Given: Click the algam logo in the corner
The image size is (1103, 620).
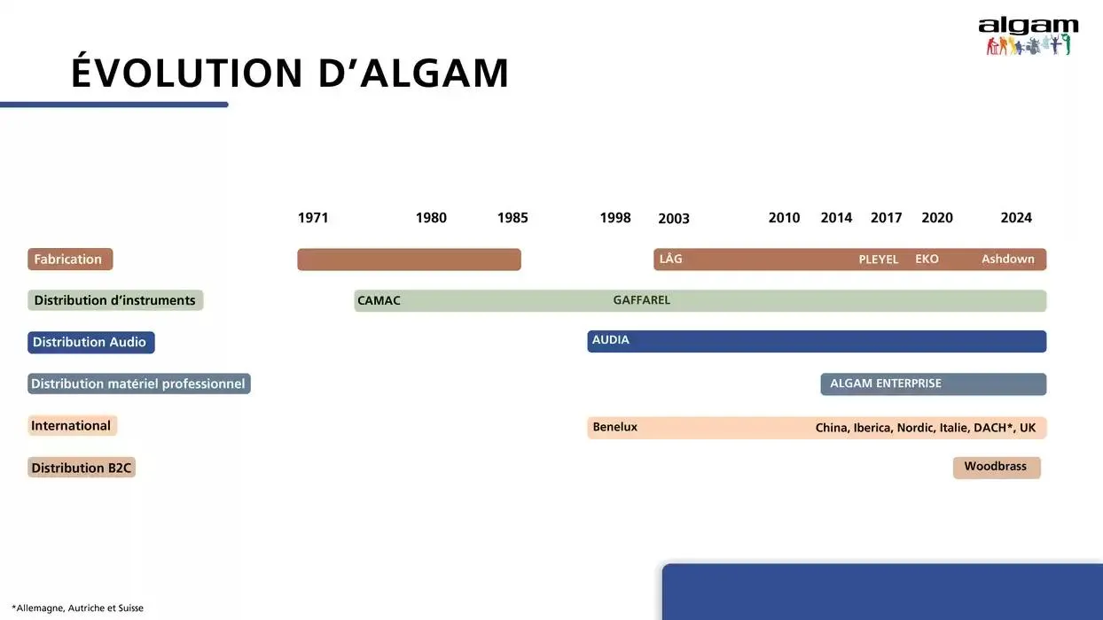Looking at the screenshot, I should point(1029,36).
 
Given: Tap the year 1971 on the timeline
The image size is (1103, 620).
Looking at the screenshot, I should point(313,218).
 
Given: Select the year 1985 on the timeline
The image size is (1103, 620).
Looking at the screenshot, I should point(512,218).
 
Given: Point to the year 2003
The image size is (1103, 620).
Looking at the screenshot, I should point(674,219).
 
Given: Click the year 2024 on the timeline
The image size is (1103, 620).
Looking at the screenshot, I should point(1016,218).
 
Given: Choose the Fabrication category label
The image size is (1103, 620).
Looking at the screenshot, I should point(69,260).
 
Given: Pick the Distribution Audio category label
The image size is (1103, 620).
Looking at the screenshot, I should point(90,342).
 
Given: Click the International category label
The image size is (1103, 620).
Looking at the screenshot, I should point(72,426).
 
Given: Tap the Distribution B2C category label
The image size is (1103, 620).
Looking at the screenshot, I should point(82,468).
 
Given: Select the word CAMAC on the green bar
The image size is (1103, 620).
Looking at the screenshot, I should point(379,301).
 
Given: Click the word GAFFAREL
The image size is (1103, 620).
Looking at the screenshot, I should point(642,300).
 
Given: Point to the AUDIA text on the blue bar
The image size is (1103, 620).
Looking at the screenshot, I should point(611,340).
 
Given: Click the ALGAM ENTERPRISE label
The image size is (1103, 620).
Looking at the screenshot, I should point(886,384).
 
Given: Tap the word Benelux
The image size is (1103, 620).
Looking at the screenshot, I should point(615,427).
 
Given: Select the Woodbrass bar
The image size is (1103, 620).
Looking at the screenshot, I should point(996,467).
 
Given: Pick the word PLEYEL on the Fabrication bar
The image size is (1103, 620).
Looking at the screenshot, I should point(879,260).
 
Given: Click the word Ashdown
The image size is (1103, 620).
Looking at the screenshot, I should point(1008,259).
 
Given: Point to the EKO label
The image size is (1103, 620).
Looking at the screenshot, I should point(927,260).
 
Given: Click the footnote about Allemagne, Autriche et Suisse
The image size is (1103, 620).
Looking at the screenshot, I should point(78,608).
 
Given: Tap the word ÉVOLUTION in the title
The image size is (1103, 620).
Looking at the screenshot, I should point(187,73).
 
